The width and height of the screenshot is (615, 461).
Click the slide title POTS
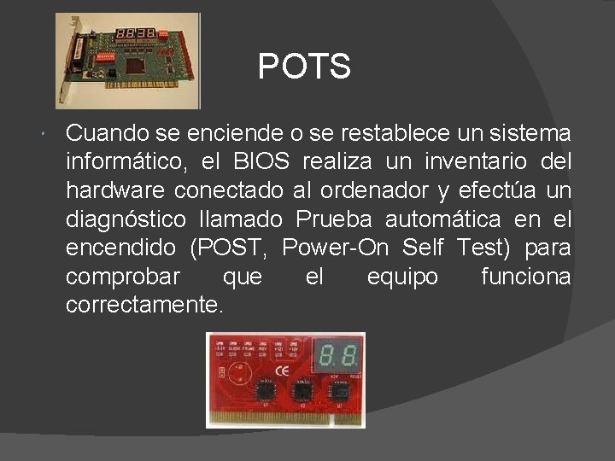(x=304, y=67)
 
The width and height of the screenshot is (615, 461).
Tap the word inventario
(x=463, y=161)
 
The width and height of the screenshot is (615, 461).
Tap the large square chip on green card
(x=137, y=63)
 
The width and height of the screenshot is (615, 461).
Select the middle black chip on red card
(x=302, y=392)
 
